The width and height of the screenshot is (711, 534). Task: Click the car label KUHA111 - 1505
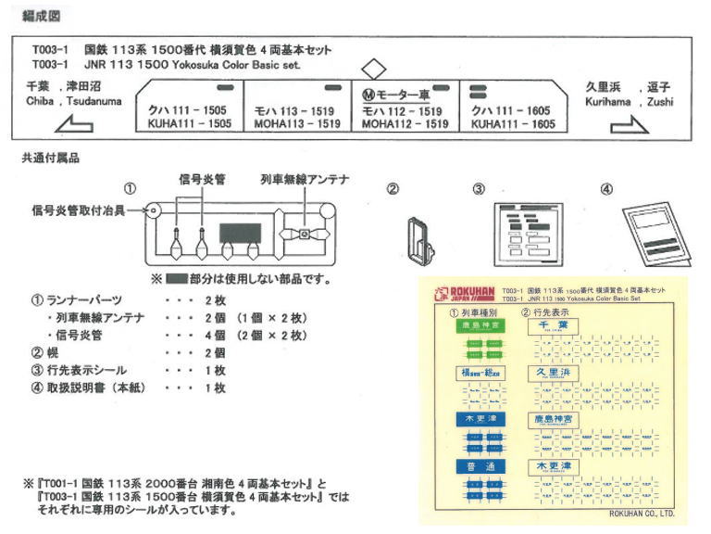[189, 124]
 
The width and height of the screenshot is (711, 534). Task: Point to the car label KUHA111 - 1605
[513, 124]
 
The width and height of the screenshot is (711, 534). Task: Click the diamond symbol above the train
[372, 69]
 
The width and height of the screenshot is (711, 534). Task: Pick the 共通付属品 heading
[50, 159]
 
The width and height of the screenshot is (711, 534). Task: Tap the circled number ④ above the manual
[606, 189]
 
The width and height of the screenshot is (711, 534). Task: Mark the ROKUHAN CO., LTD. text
[642, 514]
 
